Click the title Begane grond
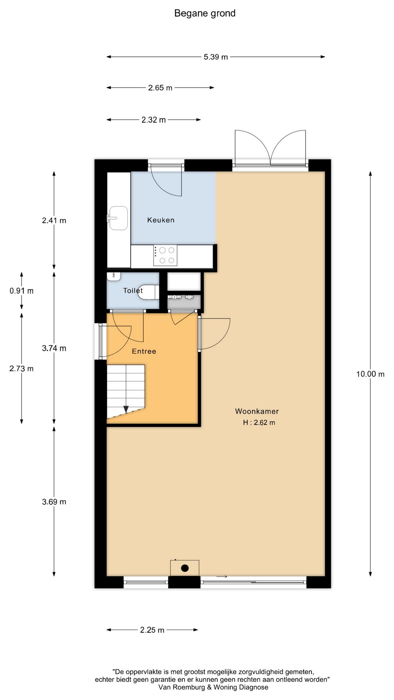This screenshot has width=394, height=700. point(205,13)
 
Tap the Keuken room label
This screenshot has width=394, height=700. point(161,220)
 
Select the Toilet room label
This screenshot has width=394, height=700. point(133,291)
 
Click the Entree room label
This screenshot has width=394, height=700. point(144,351)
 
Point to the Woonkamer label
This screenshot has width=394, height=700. point(257,411)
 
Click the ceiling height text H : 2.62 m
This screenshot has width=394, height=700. point(259,423)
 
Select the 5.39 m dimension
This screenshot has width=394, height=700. point(216,57)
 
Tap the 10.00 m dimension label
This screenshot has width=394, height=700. point(370,374)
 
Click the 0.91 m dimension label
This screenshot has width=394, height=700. point(22,291)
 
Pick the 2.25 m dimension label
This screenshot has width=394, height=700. point(152,630)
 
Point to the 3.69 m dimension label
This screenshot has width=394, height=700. point(54,502)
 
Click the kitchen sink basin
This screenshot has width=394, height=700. point(119,218)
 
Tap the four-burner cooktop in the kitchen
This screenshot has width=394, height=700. point(165,255)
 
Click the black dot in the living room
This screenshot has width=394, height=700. point(185,568)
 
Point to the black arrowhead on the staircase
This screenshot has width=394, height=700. point(126,409)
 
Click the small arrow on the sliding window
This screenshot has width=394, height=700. point(222,576)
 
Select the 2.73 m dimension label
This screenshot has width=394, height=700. point(22,369)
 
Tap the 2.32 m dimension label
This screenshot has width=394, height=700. point(154,120)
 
